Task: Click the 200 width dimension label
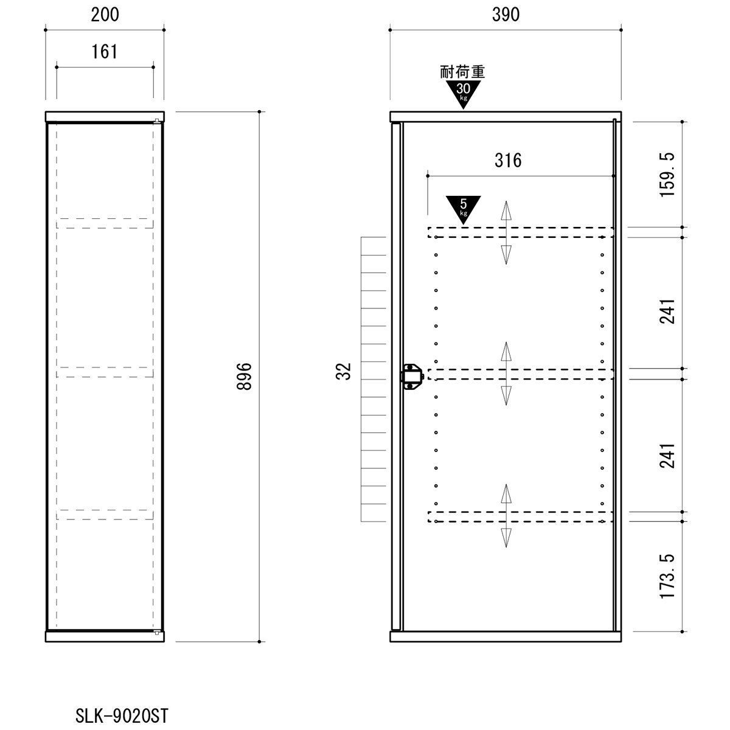pyautogui.click(x=105, y=15)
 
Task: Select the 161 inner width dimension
pyautogui.click(x=105, y=52)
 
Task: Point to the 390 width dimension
pyautogui.click(x=506, y=15)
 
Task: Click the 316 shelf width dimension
pyautogui.click(x=508, y=161)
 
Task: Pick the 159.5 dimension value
pyautogui.click(x=668, y=175)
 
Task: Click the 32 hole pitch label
pyautogui.click(x=345, y=371)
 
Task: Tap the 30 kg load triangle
pyautogui.click(x=463, y=93)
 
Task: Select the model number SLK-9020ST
pyautogui.click(x=121, y=715)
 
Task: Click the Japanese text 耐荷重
pyautogui.click(x=462, y=72)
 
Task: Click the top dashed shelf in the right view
pyautogui.click(x=521, y=232)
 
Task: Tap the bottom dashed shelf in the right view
pyautogui.click(x=521, y=517)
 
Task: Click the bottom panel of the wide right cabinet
pyautogui.click(x=506, y=636)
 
